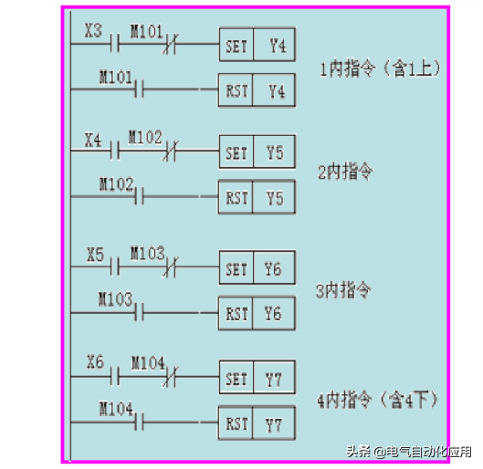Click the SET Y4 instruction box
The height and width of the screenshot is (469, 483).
(x=257, y=45)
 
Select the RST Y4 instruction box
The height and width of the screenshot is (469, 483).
(x=257, y=90)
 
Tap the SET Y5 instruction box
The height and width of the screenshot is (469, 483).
(x=257, y=151)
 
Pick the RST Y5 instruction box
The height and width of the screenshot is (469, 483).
(x=257, y=197)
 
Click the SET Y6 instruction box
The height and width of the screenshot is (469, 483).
(x=257, y=267)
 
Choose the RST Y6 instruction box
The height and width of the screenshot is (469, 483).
(x=257, y=313)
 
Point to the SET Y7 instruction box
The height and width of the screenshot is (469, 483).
(x=257, y=377)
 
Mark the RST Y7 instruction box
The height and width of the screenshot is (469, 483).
(x=257, y=422)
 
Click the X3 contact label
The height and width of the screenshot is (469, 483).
(x=93, y=31)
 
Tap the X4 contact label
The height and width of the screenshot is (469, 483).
(x=93, y=140)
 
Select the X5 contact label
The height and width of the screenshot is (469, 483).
(x=95, y=255)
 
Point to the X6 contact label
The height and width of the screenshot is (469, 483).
(x=95, y=362)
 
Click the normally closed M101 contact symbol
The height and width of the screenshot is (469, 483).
(x=171, y=44)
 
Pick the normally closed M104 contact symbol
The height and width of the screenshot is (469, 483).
(x=171, y=376)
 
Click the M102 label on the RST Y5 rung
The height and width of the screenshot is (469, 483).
(x=117, y=184)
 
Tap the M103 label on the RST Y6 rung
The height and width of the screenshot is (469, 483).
(x=116, y=299)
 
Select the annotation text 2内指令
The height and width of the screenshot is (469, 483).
(x=345, y=172)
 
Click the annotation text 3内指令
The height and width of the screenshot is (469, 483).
(x=343, y=290)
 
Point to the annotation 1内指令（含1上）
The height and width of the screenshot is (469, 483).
(x=380, y=68)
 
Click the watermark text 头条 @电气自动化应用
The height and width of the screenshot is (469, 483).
(x=409, y=452)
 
